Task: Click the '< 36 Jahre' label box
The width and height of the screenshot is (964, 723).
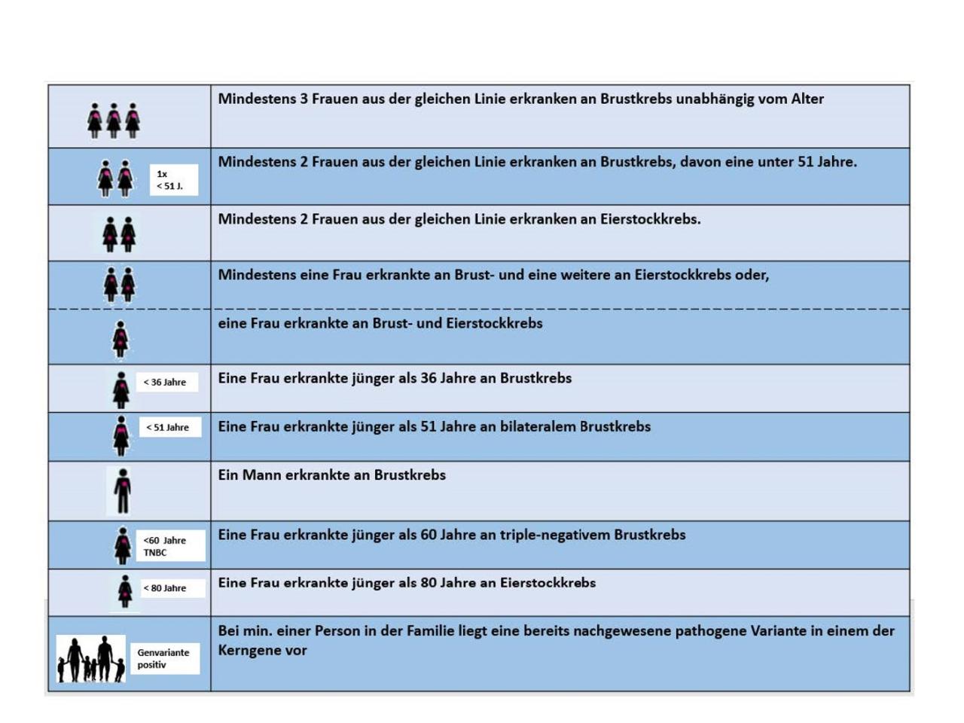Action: (x=166, y=382)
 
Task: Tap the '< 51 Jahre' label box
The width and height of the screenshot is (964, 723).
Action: (x=169, y=427)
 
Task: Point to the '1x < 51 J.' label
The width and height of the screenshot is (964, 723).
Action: (x=172, y=180)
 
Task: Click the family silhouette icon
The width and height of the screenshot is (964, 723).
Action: (x=91, y=659)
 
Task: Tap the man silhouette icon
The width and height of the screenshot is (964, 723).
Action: (x=122, y=490)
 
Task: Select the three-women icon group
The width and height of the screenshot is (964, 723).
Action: (x=114, y=120)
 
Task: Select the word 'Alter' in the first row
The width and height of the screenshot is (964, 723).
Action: (x=807, y=99)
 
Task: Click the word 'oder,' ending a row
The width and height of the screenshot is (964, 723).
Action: (x=752, y=275)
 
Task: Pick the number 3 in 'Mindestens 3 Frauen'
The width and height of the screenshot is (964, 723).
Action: (x=304, y=99)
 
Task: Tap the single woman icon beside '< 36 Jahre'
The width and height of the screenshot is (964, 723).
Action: (x=120, y=389)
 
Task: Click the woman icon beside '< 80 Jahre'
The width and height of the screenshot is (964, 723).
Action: (x=125, y=591)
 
